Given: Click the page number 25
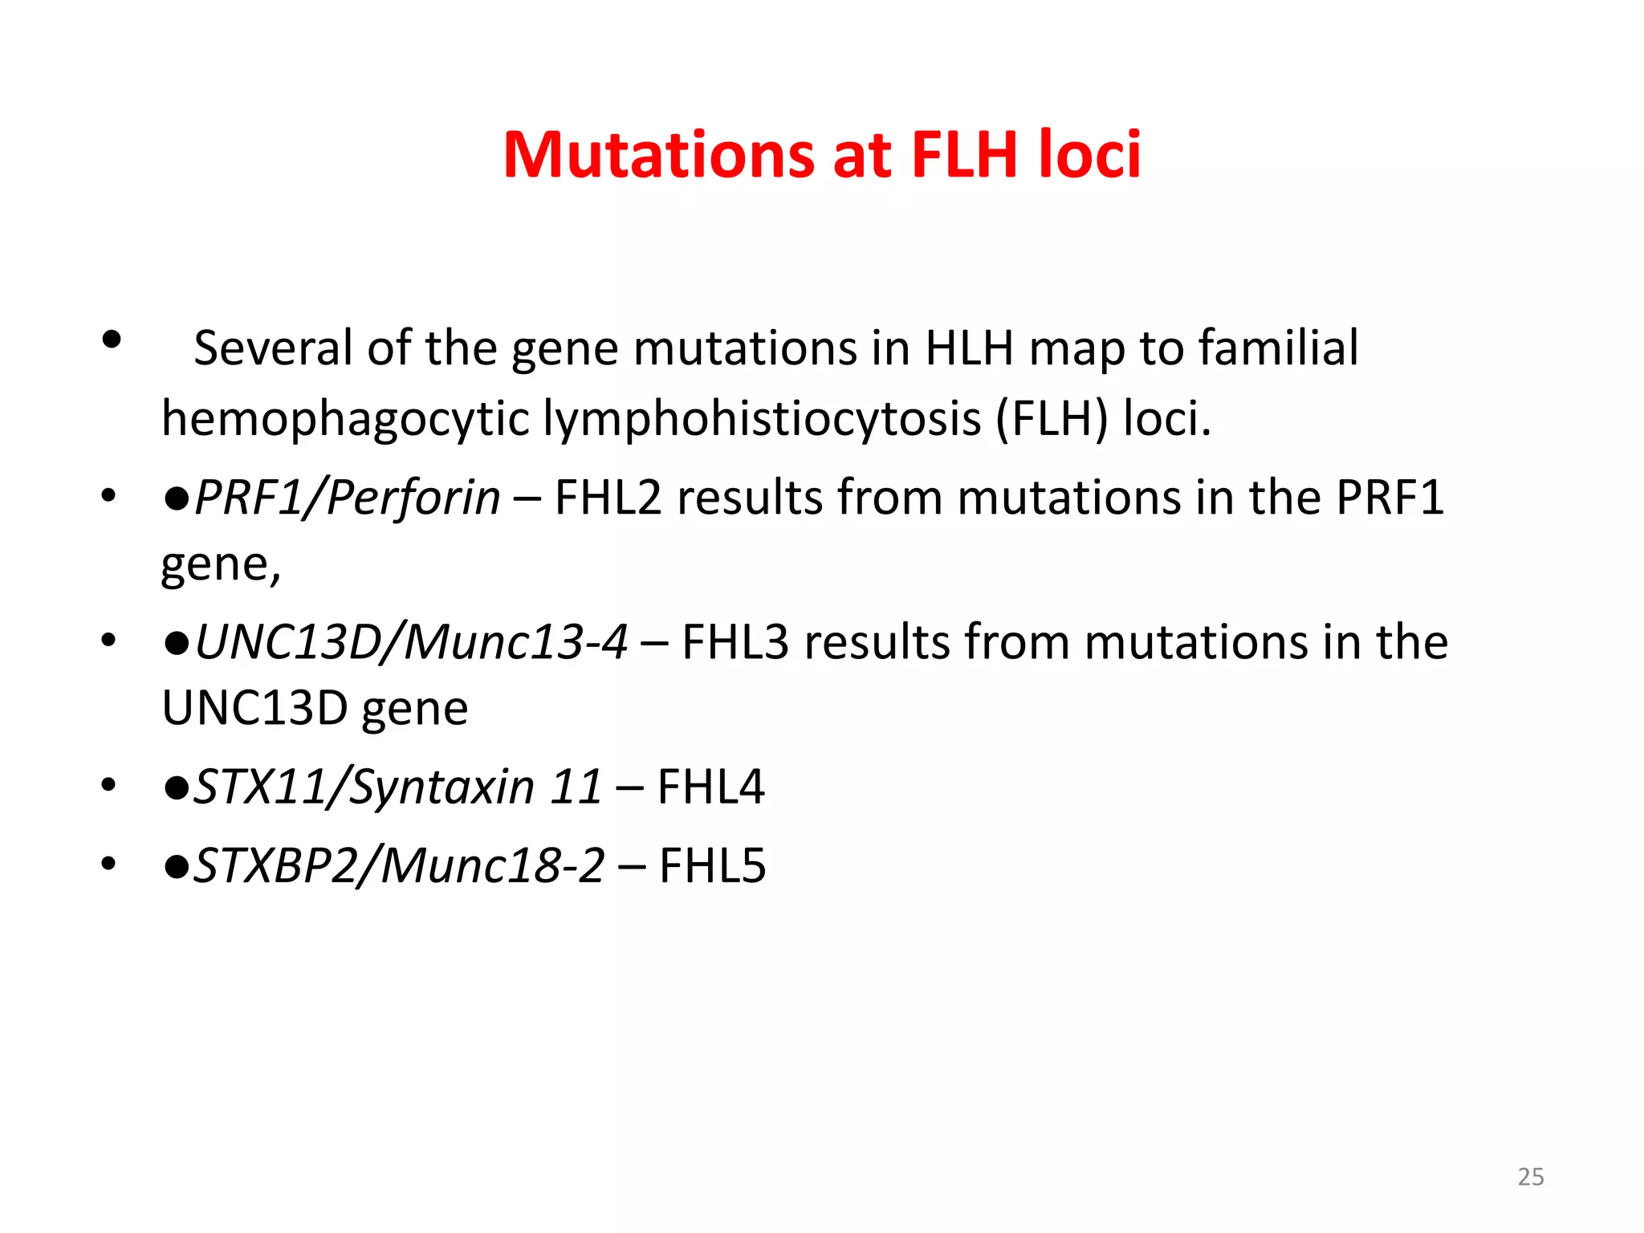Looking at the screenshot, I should [1530, 1177].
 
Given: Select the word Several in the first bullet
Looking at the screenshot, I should [273, 348].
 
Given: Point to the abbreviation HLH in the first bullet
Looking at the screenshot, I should [969, 348].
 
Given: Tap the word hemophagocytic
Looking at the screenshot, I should [345, 419].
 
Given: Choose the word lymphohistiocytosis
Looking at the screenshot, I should [762, 419].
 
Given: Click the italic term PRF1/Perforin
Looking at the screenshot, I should [348, 498].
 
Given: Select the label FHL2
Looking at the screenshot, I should [608, 498].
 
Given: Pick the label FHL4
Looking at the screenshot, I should [710, 787].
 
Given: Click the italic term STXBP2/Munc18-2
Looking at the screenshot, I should [399, 866].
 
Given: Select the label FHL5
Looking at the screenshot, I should [712, 866].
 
